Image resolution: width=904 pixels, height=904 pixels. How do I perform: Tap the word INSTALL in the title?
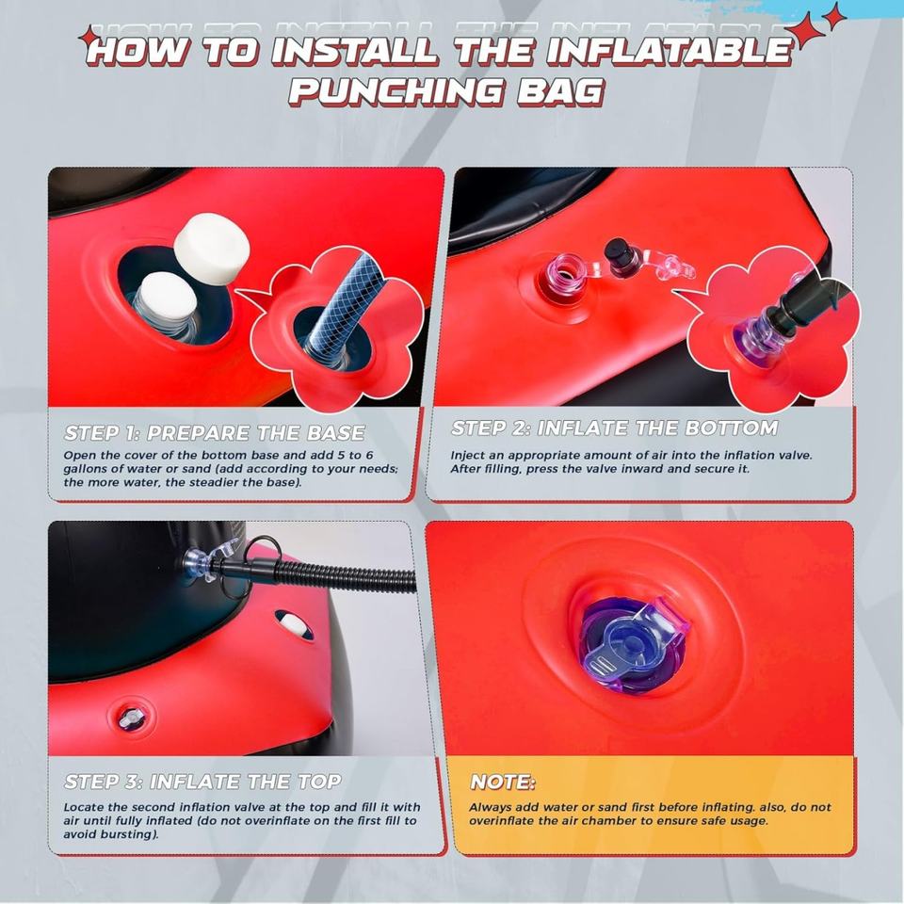coord(354,50)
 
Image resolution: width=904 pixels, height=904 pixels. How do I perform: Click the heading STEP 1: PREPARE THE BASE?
coord(215,433)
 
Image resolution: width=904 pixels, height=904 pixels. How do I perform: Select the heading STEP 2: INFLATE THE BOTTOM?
coord(615,428)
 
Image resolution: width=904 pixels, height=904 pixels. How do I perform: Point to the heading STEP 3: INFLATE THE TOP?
coord(203,782)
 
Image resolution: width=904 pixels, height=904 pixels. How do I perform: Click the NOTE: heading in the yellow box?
coord(503,782)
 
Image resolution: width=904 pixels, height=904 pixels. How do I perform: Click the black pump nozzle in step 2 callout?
coord(807,304)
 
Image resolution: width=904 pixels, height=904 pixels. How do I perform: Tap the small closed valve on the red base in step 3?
coord(128,718)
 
